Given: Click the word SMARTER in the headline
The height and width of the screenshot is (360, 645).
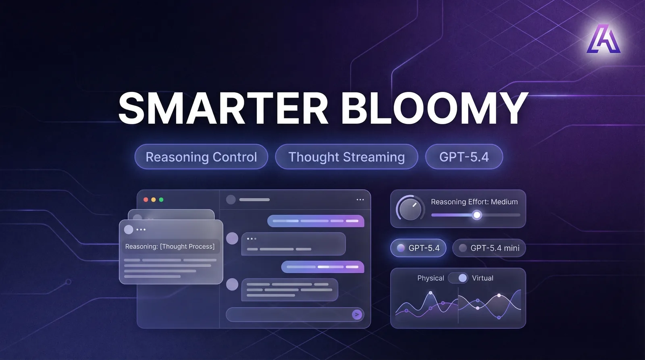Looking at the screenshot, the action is [x=223, y=108].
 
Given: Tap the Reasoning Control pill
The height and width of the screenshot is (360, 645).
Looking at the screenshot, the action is [x=201, y=157].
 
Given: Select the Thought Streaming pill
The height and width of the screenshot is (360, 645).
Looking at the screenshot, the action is [x=346, y=157].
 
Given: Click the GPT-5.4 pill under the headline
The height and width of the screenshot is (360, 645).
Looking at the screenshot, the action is [x=464, y=157].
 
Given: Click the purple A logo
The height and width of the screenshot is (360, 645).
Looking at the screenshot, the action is [x=603, y=39].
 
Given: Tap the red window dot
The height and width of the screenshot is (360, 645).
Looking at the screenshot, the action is [x=146, y=200].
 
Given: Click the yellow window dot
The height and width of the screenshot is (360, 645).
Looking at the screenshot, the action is [x=154, y=200].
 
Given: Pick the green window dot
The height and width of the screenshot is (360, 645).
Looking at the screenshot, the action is [x=161, y=200].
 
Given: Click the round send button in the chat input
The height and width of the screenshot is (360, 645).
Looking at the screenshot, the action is [x=357, y=314].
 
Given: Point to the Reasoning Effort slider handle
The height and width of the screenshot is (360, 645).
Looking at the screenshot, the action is [x=477, y=215].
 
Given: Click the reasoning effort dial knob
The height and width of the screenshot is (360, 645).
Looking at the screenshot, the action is [x=410, y=209].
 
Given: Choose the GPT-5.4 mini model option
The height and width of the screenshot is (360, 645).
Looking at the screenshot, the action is [x=489, y=248].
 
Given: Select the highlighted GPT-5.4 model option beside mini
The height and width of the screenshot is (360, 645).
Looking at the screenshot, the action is [x=418, y=248].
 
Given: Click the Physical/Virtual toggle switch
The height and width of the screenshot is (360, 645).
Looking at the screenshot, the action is [x=458, y=278].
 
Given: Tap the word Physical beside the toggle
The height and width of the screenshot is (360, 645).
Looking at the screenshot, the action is [x=431, y=278].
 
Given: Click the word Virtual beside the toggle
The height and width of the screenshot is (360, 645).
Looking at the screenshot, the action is [x=483, y=278].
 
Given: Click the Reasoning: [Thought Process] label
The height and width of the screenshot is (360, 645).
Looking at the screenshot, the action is [x=170, y=247].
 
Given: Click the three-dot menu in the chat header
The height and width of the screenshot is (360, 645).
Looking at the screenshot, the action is [x=360, y=200].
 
